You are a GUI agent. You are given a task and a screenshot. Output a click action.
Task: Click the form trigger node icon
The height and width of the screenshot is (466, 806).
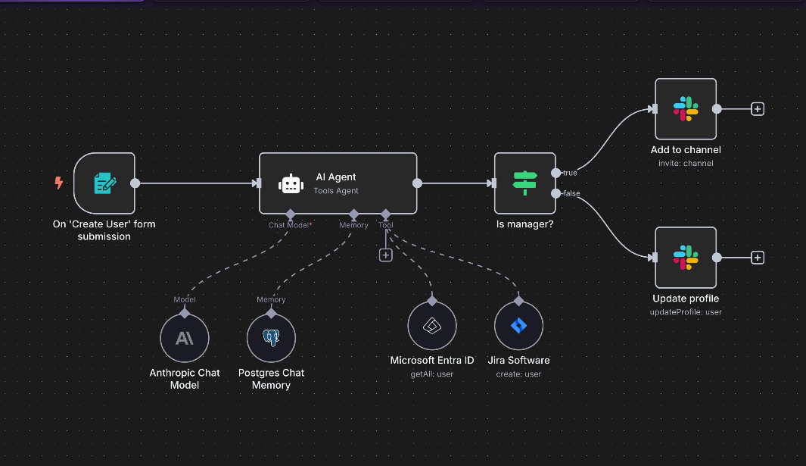(104, 183)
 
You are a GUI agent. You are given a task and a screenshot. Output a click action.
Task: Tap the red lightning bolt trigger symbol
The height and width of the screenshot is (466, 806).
(59, 183)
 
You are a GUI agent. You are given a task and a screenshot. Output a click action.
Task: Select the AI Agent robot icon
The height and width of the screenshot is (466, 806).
(290, 183)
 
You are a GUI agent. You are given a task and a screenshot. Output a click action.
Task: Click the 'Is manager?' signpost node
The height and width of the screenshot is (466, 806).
(524, 183)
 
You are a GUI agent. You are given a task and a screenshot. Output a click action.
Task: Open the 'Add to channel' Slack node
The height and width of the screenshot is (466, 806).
(686, 108)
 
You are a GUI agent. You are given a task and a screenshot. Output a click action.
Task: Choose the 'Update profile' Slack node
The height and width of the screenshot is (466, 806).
(686, 257)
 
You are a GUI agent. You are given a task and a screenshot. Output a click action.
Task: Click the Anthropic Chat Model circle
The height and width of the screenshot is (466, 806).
(184, 338)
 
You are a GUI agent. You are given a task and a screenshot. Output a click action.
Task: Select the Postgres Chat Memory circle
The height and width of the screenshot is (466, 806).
(271, 338)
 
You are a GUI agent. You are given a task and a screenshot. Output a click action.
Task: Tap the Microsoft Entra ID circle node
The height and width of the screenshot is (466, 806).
(431, 326)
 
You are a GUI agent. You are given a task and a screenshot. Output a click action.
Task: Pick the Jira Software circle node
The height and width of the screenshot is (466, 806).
(518, 326)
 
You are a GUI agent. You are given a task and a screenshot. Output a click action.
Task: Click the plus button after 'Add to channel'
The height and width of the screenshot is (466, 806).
(757, 108)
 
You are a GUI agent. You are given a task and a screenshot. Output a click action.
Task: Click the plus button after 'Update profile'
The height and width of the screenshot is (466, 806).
(757, 258)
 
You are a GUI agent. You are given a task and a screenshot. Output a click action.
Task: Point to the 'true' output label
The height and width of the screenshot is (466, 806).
(570, 174)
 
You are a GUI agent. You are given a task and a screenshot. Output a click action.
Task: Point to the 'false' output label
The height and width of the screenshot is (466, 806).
(571, 193)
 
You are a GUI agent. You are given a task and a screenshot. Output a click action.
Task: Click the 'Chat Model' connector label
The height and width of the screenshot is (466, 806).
(288, 225)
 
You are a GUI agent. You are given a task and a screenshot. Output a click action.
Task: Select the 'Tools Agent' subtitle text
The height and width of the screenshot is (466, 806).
(336, 191)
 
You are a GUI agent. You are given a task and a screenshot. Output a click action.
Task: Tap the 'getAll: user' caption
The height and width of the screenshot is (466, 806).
(431, 374)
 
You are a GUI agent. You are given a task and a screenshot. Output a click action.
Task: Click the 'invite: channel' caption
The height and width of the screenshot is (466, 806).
(686, 163)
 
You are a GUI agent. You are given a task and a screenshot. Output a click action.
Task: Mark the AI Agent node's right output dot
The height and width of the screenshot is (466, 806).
(417, 183)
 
